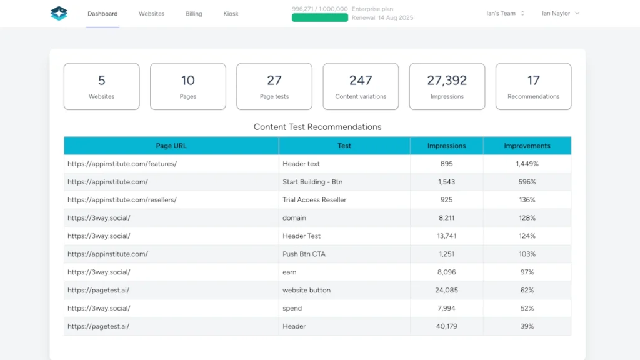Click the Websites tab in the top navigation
(151, 14)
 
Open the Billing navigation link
(194, 14)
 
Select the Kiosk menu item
(231, 14)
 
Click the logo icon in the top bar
(59, 13)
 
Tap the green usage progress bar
(319, 17)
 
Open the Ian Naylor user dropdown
(561, 13)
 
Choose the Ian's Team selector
(505, 13)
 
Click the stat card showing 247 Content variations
(361, 86)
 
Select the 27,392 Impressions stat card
(447, 86)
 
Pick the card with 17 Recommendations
(533, 86)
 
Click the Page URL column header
(171, 146)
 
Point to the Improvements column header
(527, 146)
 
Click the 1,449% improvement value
(527, 164)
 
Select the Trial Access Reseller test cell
(314, 200)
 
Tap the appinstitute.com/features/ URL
(122, 164)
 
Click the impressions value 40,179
(446, 326)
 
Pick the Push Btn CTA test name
(304, 254)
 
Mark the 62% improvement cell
(527, 290)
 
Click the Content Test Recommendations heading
(317, 127)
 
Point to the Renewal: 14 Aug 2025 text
(382, 18)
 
